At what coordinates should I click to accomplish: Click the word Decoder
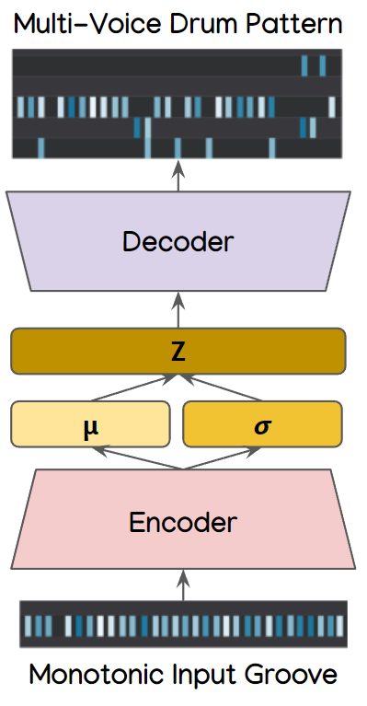coord(178,242)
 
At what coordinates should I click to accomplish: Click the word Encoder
coord(182,522)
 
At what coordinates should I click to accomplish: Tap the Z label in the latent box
coord(178,351)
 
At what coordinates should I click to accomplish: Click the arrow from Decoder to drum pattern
coord(178,178)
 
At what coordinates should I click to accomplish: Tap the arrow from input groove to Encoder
coord(182,584)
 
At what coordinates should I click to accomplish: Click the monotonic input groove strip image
coord(183,626)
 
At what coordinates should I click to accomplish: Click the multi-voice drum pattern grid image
coord(177,105)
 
